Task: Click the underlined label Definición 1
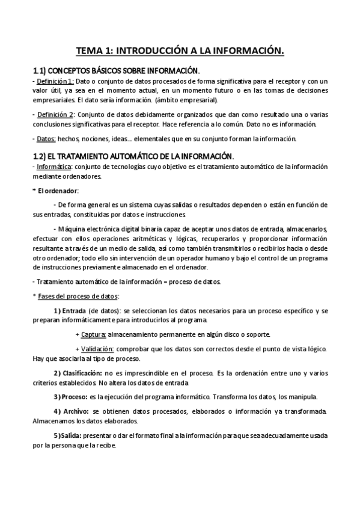pyautogui.click(x=55, y=81)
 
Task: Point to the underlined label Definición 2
pyautogui.click(x=55, y=114)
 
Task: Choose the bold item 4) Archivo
pyautogui.click(x=71, y=411)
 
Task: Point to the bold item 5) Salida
pyautogui.click(x=67, y=435)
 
